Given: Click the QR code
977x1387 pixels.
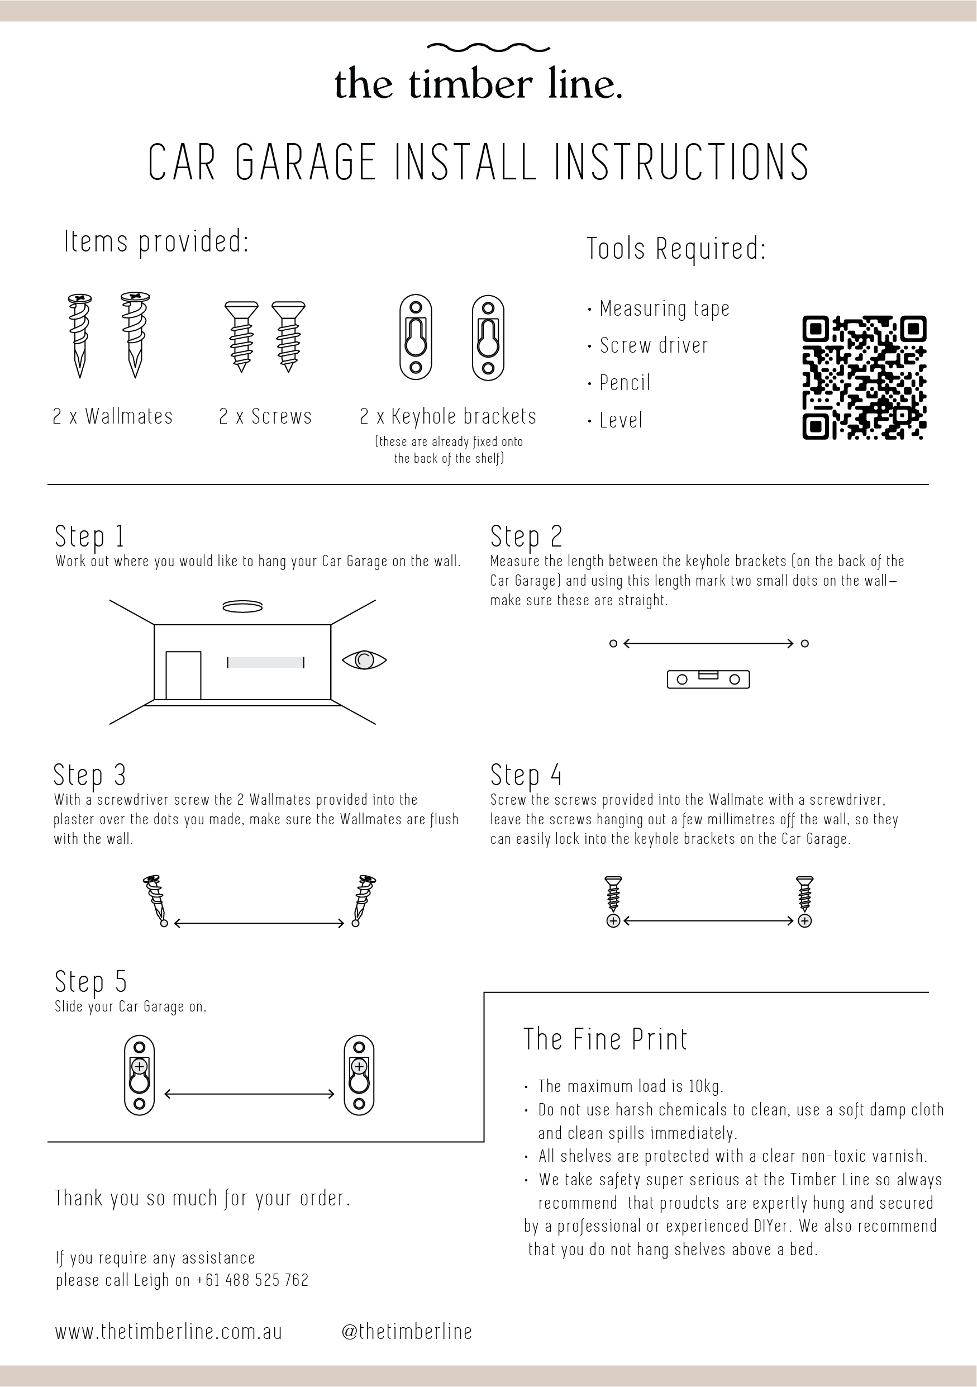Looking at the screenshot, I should click(864, 378).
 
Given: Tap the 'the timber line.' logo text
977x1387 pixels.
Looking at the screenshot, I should click(478, 84).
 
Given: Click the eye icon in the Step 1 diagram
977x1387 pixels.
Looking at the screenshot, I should click(364, 659).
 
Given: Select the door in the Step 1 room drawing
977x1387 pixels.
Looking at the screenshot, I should click(183, 676).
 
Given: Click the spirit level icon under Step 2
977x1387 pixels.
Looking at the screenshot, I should click(708, 680).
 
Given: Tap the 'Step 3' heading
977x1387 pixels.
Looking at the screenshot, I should click(89, 775).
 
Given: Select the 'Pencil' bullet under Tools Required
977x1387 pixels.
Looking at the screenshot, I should click(625, 383).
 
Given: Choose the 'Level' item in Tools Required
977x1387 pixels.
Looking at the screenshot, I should click(621, 420).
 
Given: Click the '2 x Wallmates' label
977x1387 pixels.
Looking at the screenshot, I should click(113, 416).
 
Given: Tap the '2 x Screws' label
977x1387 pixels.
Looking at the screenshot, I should click(265, 416).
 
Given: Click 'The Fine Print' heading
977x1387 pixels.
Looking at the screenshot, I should click(605, 1039).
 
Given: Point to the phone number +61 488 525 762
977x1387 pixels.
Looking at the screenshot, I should click(252, 1280).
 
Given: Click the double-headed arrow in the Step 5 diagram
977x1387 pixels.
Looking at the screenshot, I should click(249, 1094).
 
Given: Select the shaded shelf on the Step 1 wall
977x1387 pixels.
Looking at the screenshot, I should click(266, 663).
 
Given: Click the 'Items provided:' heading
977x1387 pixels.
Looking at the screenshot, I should click(156, 242).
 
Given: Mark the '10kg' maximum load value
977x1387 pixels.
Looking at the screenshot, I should click(706, 1087).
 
